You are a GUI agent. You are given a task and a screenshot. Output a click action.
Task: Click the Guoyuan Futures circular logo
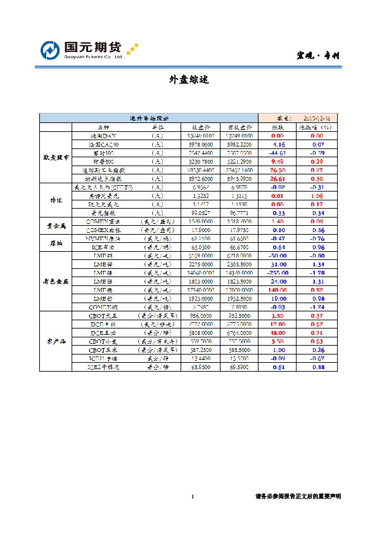pyautogui.click(x=50, y=50)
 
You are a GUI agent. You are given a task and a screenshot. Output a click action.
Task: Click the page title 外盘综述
pyautogui.click(x=189, y=80)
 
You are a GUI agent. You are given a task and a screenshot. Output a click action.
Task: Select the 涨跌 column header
pyautogui.click(x=277, y=127)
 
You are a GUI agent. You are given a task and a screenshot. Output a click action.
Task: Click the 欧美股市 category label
pyautogui.click(x=56, y=157)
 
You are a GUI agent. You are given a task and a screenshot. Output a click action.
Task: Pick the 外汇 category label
pyautogui.click(x=56, y=200)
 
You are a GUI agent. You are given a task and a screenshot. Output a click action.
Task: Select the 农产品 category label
pyautogui.click(x=56, y=341)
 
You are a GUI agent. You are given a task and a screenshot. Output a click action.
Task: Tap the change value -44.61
pyautogui.click(x=277, y=153)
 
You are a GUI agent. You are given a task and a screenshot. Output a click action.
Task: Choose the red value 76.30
pyautogui.click(x=277, y=171)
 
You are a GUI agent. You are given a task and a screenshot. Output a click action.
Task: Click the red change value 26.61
pyautogui.click(x=277, y=179)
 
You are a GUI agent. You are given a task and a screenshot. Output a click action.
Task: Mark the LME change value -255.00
pyautogui.click(x=277, y=271)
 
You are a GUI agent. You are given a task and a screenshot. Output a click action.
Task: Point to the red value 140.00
pyautogui.click(x=277, y=289)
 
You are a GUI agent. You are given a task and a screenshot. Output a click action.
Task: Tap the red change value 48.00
pyautogui.click(x=277, y=332)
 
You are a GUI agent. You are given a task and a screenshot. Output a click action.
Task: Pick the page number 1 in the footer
pyautogui.click(x=191, y=497)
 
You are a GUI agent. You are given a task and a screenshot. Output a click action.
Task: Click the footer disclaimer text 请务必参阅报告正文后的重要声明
pyautogui.click(x=298, y=497)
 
